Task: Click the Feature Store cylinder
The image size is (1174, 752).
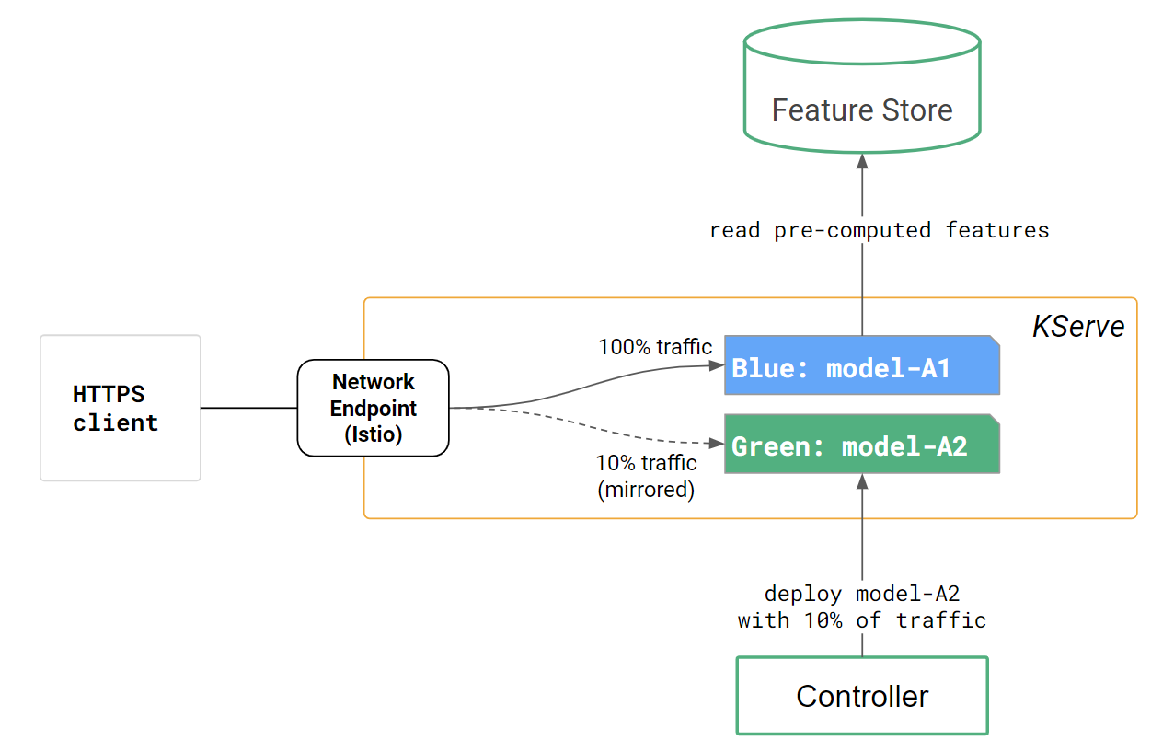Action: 862,87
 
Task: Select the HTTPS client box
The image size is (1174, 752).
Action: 120,408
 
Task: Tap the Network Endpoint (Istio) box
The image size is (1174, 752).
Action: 373,408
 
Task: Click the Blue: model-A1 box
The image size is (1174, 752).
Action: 861,366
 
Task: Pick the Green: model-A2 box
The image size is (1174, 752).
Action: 861,445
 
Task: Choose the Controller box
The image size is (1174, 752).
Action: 861,696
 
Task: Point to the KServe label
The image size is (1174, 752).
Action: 1078,327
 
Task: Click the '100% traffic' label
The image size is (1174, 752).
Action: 655,347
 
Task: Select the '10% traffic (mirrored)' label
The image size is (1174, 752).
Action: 646,476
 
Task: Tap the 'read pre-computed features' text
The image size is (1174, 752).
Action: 879,230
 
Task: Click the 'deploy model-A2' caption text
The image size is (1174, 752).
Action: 862,594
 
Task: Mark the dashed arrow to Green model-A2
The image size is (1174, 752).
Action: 589,428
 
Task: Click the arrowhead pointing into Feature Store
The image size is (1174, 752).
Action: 862,161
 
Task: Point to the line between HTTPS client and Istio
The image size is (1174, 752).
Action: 248,408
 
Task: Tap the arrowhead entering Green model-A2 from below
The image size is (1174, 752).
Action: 862,481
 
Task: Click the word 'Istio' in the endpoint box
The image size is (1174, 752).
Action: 374,434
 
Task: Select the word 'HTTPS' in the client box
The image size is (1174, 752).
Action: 109,394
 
